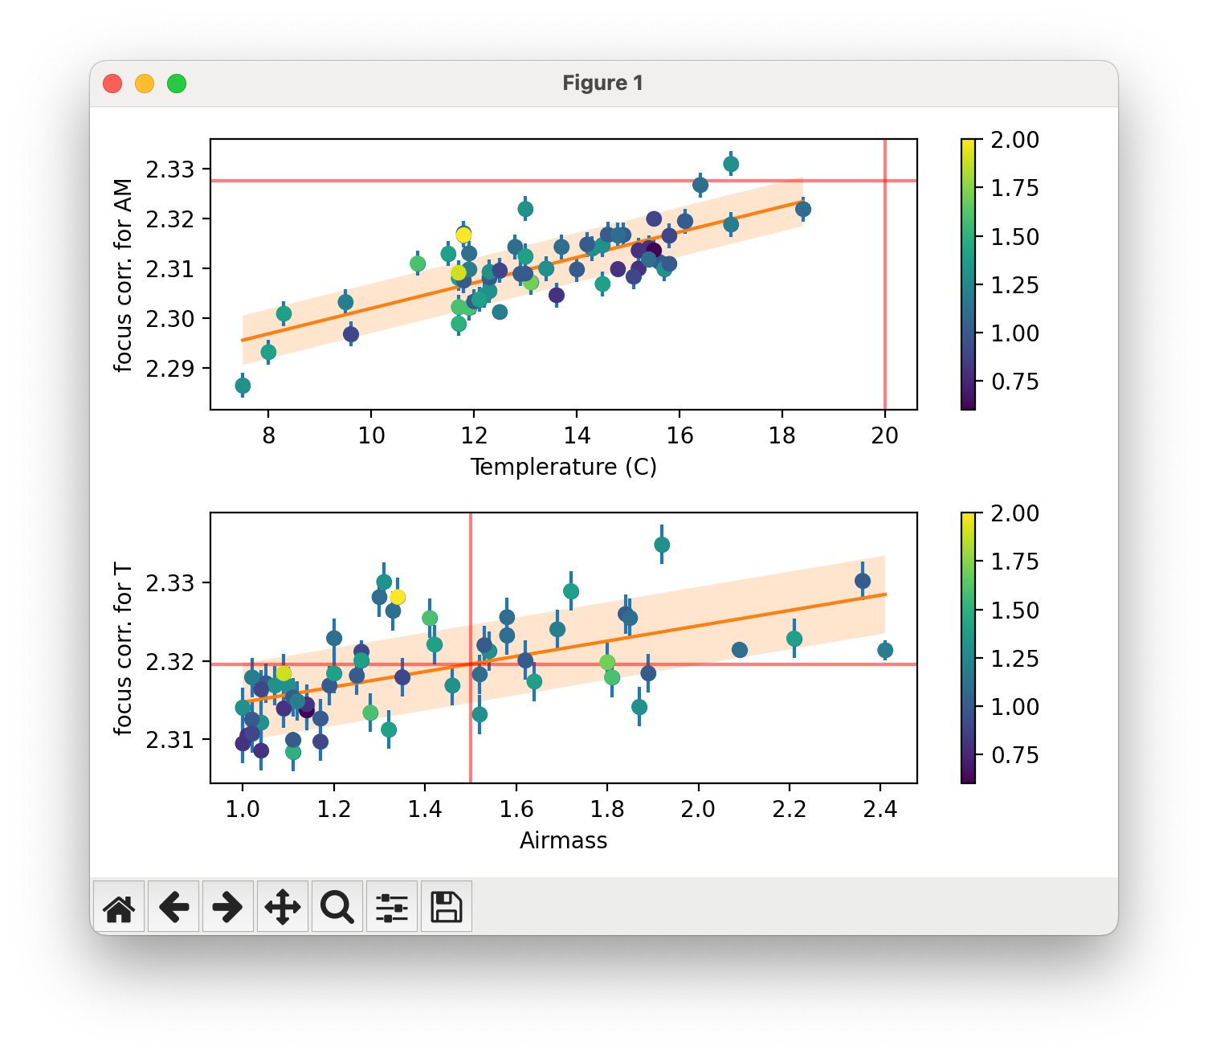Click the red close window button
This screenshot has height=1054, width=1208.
[112, 84]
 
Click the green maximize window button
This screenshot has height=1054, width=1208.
[177, 84]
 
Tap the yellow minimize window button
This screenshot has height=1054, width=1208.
[145, 84]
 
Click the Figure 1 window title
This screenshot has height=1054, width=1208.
[602, 84]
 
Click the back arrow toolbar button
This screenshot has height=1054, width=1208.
[173, 907]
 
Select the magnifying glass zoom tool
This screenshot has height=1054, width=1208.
[337, 907]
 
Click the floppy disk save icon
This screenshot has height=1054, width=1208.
[447, 907]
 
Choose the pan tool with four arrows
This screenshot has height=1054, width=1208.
[283, 907]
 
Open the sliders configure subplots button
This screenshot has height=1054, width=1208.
[392, 907]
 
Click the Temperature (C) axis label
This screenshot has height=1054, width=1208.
[563, 467]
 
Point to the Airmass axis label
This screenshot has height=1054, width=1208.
[563, 840]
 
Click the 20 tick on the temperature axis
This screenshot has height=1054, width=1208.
[884, 435]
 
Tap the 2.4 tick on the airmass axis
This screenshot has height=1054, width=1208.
[880, 809]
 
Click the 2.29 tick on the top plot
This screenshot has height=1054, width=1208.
[170, 369]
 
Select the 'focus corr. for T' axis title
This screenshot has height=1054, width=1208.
[123, 649]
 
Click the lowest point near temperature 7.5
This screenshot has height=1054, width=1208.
[243, 386]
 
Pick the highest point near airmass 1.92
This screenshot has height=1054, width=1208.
[662, 545]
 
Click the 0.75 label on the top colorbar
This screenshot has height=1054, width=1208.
[1014, 382]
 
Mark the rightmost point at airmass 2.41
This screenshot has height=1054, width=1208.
[885, 650]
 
